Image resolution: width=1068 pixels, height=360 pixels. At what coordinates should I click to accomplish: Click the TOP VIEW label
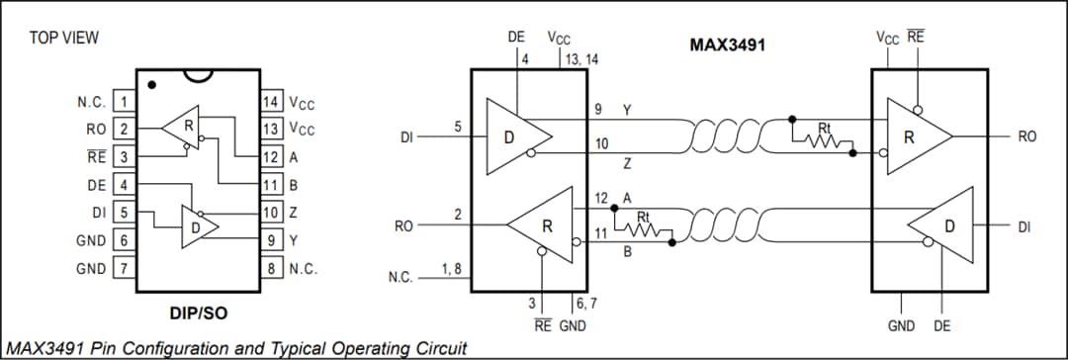[64, 38]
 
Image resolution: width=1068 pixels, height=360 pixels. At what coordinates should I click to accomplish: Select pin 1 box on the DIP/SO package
[124, 102]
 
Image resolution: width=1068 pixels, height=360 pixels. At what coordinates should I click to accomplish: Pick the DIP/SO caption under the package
[199, 314]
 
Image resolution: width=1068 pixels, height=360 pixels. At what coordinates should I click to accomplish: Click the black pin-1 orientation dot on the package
[151, 85]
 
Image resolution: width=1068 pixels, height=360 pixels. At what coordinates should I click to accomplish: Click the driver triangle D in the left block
[515, 136]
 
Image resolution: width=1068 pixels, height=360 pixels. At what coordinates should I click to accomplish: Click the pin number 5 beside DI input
[457, 127]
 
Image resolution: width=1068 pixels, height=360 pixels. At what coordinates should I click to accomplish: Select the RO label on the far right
[1026, 136]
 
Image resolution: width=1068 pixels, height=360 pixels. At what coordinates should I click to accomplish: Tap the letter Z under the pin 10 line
[627, 161]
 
